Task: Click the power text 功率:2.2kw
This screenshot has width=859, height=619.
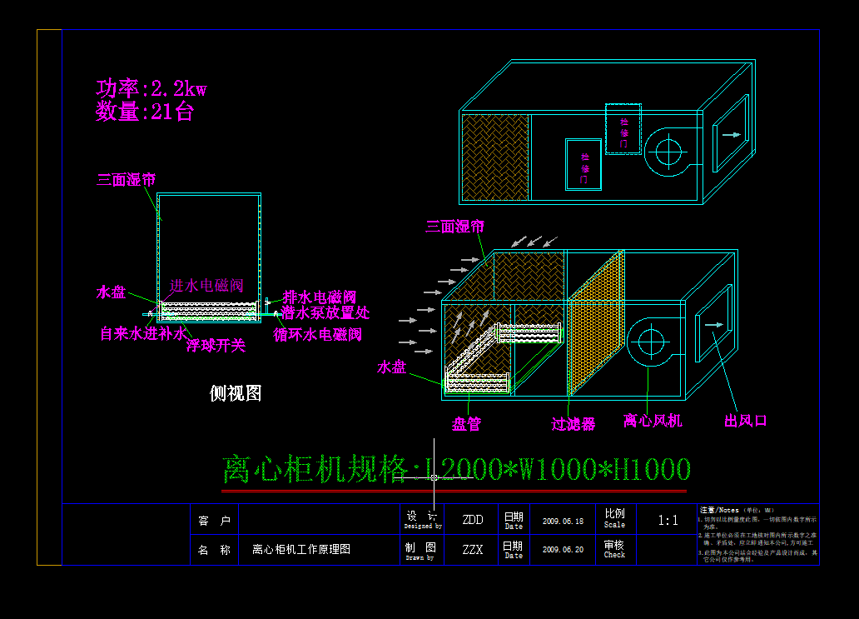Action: (151, 88)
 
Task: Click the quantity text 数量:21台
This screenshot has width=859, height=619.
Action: (144, 112)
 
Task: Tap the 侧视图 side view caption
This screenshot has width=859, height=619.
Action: (236, 393)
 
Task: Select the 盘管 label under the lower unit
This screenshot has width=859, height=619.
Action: (466, 424)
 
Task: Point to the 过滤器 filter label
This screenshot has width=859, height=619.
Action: (573, 424)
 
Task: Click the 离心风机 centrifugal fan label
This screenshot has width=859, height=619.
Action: (653, 421)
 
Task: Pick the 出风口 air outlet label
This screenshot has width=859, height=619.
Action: (745, 421)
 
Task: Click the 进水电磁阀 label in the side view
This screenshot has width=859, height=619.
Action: (207, 286)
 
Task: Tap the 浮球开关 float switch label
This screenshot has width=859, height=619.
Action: (216, 345)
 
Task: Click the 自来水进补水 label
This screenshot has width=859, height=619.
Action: (143, 333)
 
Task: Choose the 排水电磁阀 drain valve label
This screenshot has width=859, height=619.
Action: (320, 297)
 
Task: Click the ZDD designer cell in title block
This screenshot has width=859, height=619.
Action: (472, 520)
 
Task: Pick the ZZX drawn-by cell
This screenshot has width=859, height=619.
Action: (472, 550)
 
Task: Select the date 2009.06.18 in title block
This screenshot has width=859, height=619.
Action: (563, 521)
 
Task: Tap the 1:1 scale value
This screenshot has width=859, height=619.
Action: (668, 521)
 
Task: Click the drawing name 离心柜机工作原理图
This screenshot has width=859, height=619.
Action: (300, 550)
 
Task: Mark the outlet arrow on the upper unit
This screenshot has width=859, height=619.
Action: (731, 134)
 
